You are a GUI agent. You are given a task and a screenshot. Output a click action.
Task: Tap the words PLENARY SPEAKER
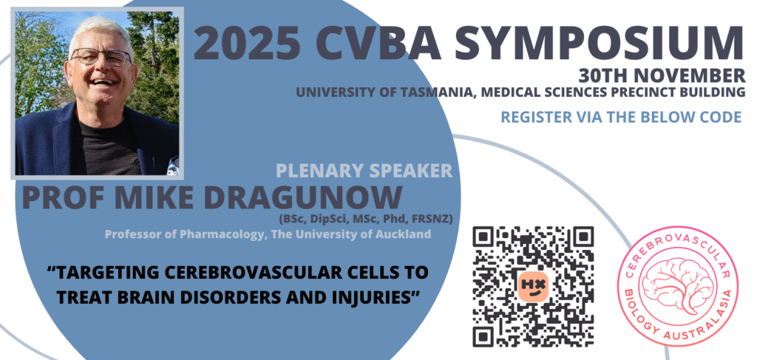coord(364,170)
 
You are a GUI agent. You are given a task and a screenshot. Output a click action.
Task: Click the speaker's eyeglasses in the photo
coord(101,57)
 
